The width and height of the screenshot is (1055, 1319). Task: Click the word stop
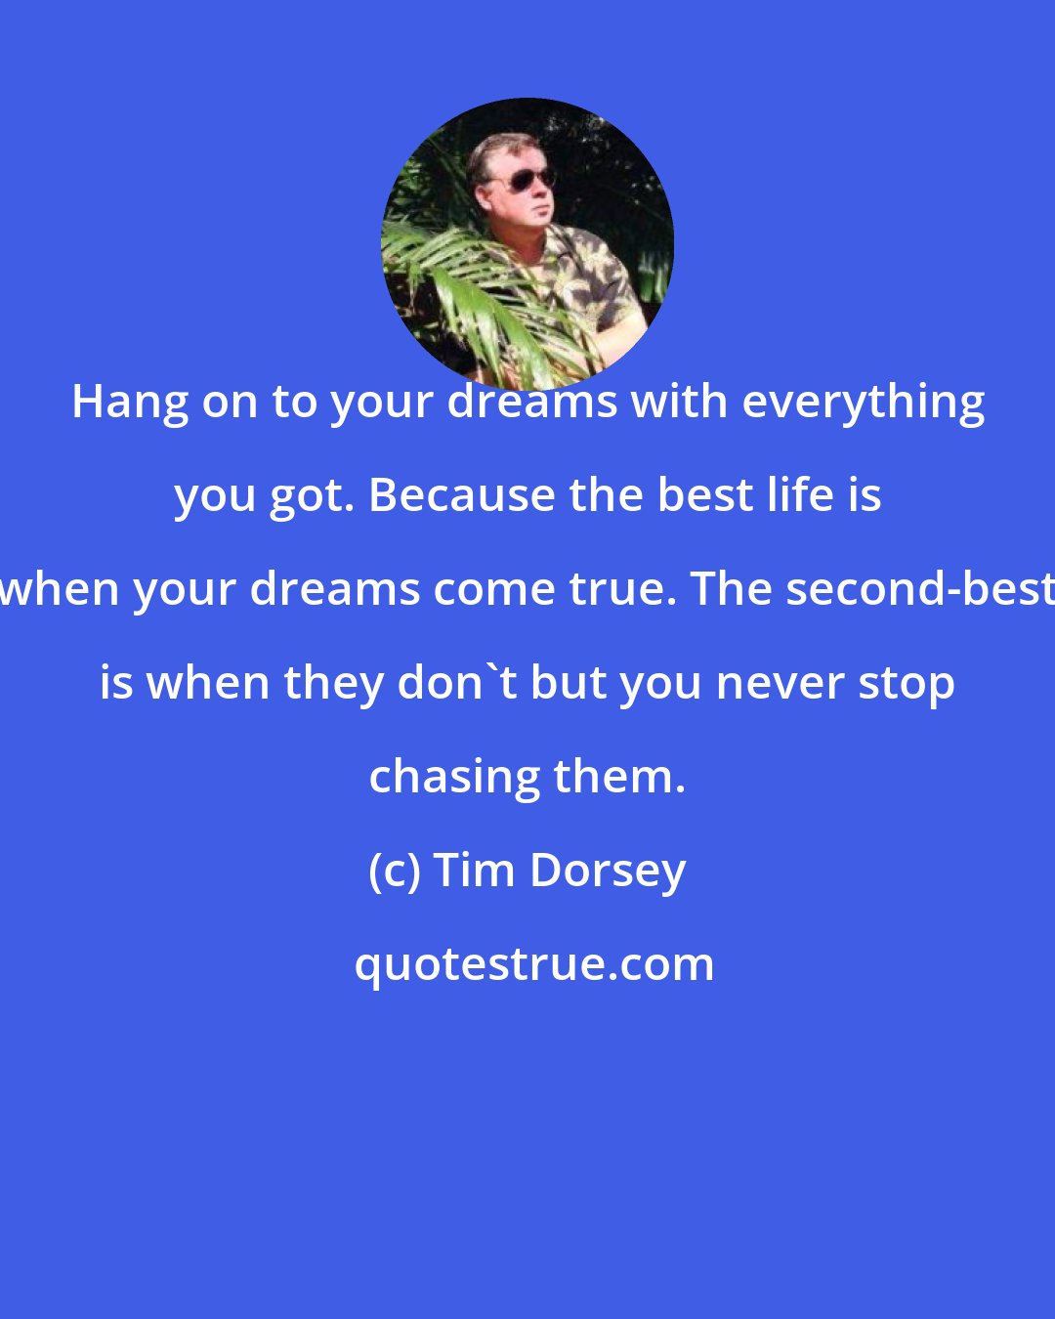pos(907,683)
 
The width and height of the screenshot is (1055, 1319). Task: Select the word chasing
pos(454,777)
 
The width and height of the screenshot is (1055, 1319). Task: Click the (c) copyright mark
pos(395,871)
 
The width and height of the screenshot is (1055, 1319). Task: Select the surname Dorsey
pos(608,871)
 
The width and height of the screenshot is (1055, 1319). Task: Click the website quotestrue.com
pos(533,964)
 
